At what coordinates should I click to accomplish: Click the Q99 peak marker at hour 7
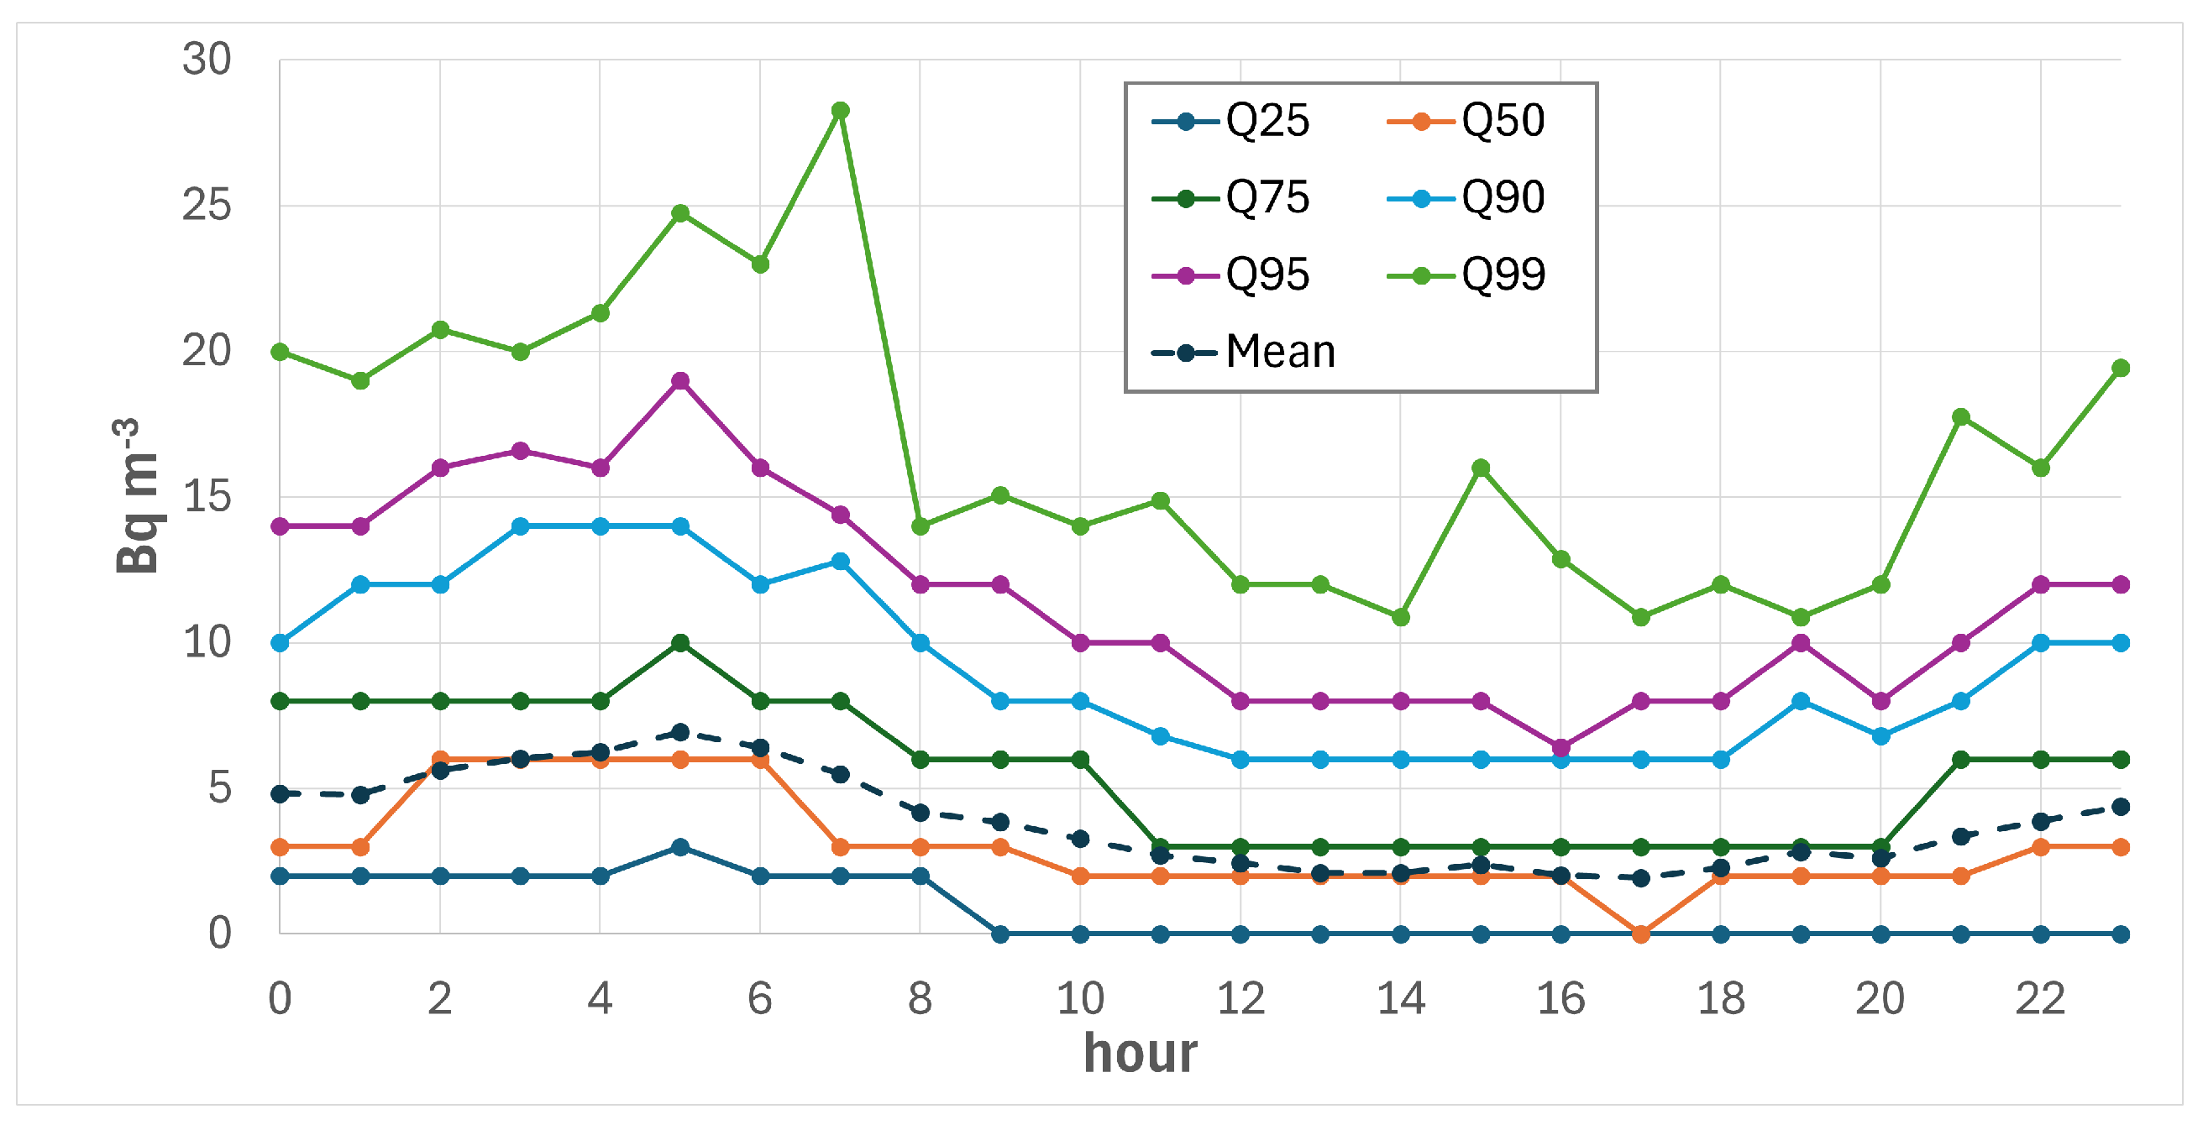(841, 110)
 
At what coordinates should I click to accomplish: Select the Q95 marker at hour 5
(681, 380)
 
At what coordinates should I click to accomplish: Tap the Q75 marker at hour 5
(681, 643)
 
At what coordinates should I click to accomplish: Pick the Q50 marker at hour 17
(1641, 934)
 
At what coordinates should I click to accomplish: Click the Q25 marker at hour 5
(681, 847)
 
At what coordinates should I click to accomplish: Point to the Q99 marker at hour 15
(1482, 468)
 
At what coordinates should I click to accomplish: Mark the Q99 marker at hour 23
(2121, 369)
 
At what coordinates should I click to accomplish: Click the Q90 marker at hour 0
(280, 643)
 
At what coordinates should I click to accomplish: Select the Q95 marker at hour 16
(1560, 748)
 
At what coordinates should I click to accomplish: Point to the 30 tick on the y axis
(206, 60)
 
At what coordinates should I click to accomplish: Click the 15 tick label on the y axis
(206, 497)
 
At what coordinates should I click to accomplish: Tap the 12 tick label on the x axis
(1240, 998)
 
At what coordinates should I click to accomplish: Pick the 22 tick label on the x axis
(2041, 998)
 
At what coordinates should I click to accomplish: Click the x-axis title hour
(1140, 1053)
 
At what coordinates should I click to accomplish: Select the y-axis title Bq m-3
(136, 496)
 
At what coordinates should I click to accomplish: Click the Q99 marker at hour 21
(1961, 417)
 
